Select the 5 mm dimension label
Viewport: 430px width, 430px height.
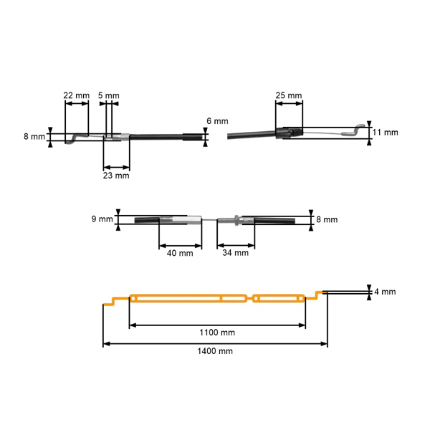(109, 95)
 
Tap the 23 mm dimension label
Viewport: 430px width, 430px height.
(116, 174)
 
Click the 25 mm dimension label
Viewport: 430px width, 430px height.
(288, 95)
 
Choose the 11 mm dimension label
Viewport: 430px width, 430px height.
(386, 133)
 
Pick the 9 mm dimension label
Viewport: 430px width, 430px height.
(103, 219)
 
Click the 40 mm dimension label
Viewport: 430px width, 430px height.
(180, 252)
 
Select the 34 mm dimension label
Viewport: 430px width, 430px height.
(236, 252)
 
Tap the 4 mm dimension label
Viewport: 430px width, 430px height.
(385, 292)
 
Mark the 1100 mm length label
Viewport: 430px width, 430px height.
(217, 333)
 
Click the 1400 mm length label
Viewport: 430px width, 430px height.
(215, 351)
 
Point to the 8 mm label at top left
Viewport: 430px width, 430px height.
(34, 136)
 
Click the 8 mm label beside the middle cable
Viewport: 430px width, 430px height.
(326, 219)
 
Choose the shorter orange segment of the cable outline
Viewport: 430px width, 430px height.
(279, 298)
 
